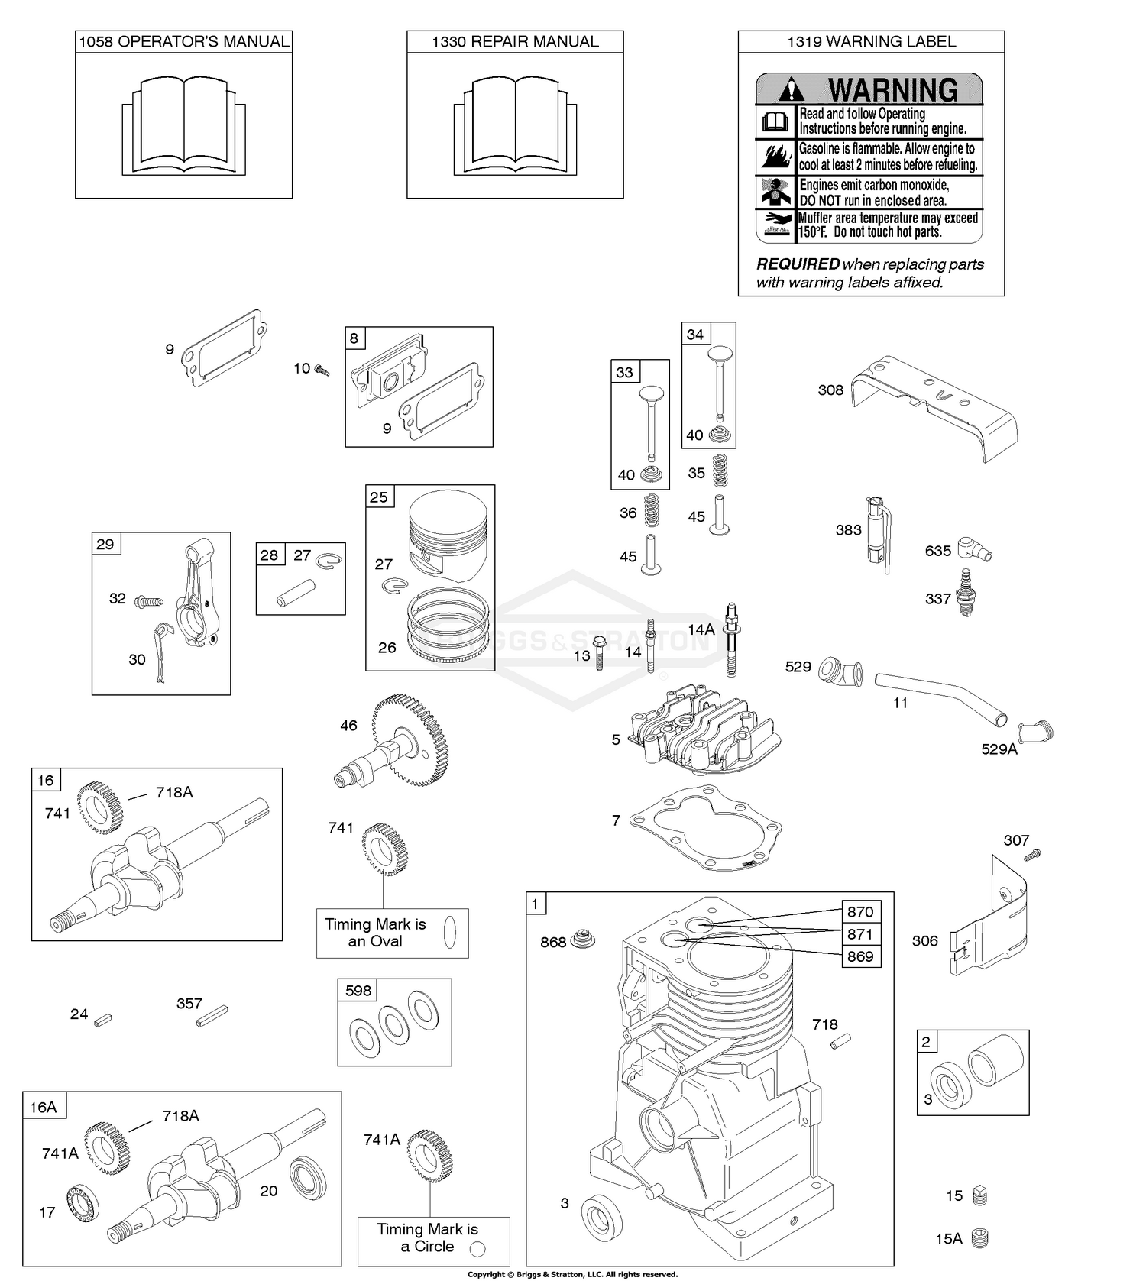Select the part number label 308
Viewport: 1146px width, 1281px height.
[830, 390]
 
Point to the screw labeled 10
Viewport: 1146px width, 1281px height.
[322, 370]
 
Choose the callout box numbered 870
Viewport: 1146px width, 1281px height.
[860, 911]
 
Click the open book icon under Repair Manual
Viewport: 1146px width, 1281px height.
[515, 126]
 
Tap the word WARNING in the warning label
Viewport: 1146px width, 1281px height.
[892, 90]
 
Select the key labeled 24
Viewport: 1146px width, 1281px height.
[103, 1017]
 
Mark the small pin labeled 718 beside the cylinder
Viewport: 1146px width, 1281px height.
[841, 1040]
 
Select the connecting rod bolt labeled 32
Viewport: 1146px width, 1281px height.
[149, 602]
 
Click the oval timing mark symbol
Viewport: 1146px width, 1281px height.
[450, 932]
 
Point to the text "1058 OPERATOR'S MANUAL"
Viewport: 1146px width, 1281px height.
[184, 42]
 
